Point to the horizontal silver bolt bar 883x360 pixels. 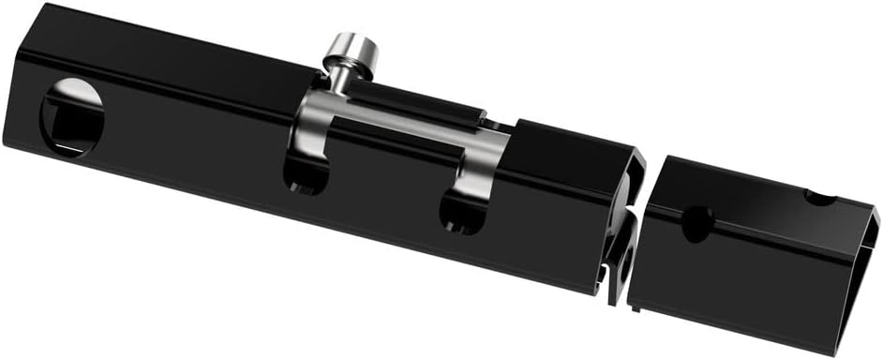403,131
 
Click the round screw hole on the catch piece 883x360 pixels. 696,223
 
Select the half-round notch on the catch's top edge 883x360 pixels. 820,198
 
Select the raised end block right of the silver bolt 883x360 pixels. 572,150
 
